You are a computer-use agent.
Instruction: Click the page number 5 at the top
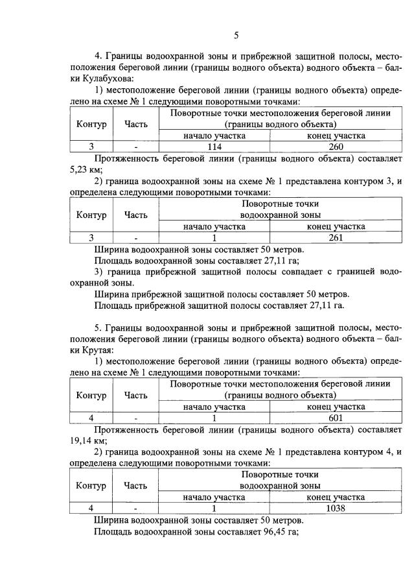coord(236,34)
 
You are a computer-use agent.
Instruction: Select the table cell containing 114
coord(214,147)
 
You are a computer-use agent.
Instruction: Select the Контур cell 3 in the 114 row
coord(91,147)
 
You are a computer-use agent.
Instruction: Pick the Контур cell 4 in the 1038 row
coord(91,509)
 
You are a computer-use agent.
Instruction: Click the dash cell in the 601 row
coord(136,418)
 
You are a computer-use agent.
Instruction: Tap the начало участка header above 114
coord(214,136)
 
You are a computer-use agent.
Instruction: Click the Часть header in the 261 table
coord(136,215)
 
